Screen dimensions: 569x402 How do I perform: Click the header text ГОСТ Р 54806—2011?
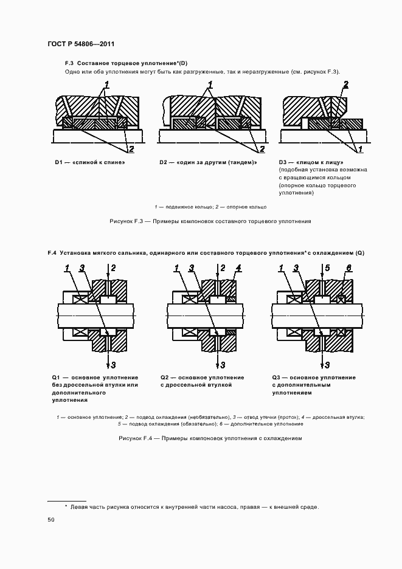(80, 44)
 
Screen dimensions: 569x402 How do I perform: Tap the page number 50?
(51, 520)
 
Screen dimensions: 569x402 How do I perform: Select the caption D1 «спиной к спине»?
(89, 163)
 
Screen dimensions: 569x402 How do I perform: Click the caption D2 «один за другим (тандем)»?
(208, 163)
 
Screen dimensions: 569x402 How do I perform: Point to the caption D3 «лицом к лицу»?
(311, 163)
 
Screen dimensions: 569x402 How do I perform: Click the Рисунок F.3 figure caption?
(210, 221)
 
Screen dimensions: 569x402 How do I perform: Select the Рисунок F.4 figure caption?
(210, 438)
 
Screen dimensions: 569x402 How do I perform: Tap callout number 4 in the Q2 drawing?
(238, 267)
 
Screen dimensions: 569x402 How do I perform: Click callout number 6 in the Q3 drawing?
(348, 267)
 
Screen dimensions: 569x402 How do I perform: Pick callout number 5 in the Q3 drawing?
(327, 267)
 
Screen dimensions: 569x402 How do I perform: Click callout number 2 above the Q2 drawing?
(223, 267)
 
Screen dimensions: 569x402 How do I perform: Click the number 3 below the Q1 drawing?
(114, 365)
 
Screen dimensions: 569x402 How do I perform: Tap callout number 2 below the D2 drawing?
(262, 149)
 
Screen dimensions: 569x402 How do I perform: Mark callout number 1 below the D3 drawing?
(360, 149)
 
